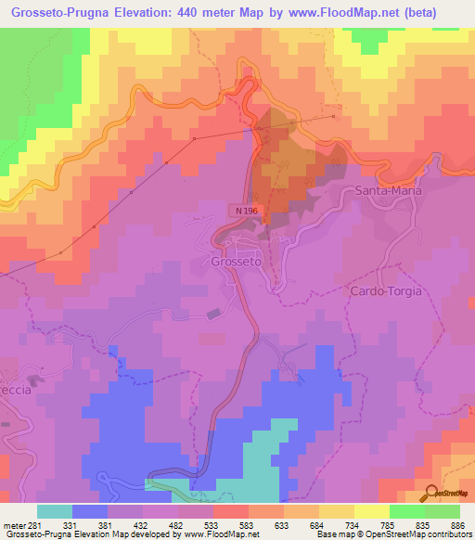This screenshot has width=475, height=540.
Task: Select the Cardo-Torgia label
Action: point(386,291)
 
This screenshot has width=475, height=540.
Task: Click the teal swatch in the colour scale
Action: point(55,511)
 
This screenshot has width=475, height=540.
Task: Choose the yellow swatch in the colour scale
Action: point(372,511)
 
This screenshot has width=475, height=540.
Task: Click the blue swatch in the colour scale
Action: point(90,511)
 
